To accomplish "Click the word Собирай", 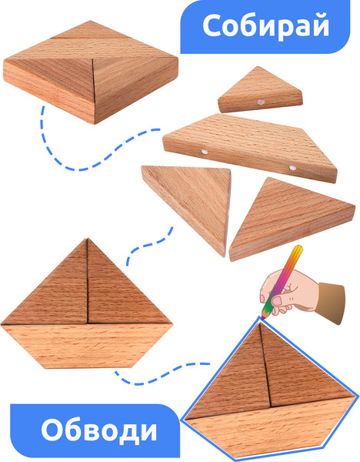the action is pyautogui.click(x=265, y=26).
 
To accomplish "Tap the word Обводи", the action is pyautogui.click(x=99, y=430).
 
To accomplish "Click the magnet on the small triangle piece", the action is pyautogui.click(x=261, y=102).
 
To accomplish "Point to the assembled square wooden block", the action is pyautogui.click(x=91, y=72).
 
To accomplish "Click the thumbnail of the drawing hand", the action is pyautogui.click(x=277, y=301).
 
